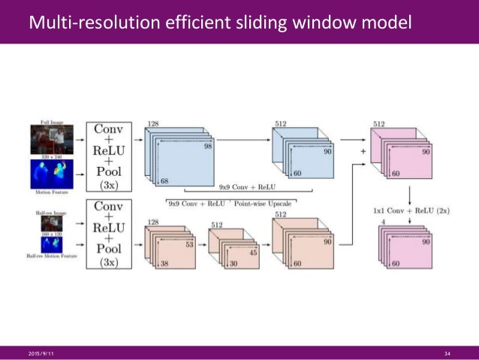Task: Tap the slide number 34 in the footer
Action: point(447,353)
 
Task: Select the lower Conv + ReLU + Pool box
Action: point(109,234)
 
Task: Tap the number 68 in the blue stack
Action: point(164,181)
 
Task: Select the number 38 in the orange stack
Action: point(164,264)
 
